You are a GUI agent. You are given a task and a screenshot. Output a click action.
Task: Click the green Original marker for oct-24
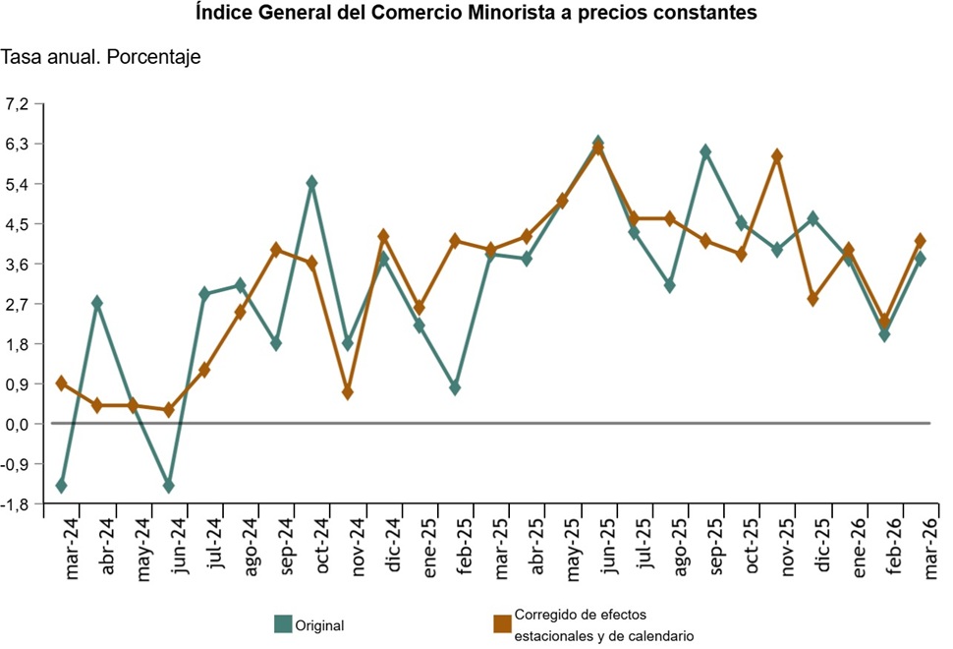point(311,183)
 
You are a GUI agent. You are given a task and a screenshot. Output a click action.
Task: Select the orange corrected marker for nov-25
point(777,156)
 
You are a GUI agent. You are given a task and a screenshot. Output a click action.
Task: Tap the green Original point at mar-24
point(61,486)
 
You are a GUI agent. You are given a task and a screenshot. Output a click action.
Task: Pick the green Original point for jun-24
point(169,486)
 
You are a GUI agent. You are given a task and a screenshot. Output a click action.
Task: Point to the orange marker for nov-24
point(348,392)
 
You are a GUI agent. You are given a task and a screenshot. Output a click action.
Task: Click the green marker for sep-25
point(705,151)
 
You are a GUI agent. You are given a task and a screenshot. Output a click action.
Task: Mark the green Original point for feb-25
point(455,388)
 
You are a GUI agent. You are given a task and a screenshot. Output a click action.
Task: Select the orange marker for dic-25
point(813,299)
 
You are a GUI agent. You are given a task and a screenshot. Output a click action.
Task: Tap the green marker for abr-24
point(97,303)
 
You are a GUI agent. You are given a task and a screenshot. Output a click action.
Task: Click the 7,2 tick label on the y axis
point(21,104)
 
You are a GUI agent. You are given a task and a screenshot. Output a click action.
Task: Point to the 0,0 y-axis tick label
point(19,424)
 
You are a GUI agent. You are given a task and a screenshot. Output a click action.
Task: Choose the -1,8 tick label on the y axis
point(19,503)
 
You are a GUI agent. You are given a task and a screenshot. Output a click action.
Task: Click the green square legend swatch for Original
point(283,623)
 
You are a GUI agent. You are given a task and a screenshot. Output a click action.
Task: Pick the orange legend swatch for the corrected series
point(502,623)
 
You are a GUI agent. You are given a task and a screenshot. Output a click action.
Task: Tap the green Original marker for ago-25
point(669,285)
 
